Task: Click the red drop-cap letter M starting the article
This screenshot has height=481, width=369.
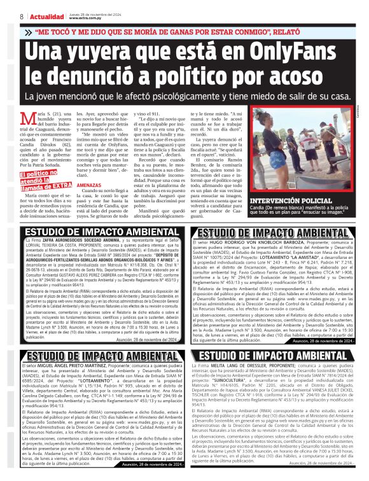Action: pyautogui.click(x=25, y=116)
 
